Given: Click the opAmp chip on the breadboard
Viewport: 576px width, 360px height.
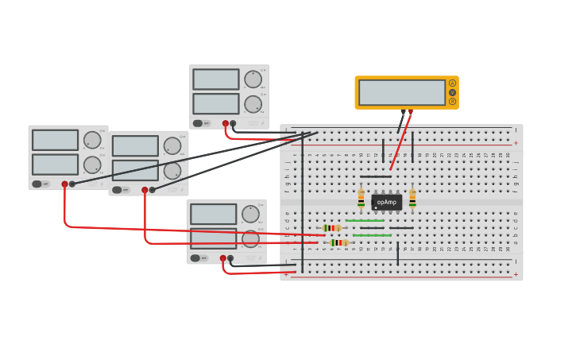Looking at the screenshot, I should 386,202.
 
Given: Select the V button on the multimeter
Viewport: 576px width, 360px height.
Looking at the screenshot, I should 453,92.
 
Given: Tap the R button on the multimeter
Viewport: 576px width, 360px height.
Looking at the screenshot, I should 453,101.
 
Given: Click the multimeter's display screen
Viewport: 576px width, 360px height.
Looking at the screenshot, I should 401,92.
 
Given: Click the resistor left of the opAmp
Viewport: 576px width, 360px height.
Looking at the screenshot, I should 361,199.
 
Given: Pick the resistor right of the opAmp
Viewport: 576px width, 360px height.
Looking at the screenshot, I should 412,199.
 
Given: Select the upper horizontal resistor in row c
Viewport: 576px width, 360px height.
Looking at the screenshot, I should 332,228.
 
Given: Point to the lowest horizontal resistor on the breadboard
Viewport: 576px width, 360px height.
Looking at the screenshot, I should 339,242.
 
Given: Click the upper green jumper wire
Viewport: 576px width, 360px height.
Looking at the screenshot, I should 365,221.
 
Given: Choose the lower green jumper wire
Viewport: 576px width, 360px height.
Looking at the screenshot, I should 372,235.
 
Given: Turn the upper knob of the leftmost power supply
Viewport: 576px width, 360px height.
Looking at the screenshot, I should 92,140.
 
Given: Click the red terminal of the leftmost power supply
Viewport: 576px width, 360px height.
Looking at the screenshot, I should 65,184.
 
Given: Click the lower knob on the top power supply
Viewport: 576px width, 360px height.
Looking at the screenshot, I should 253,104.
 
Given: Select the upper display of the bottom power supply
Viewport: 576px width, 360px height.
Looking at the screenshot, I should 213,214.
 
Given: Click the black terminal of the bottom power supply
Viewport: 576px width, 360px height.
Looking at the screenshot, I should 230,258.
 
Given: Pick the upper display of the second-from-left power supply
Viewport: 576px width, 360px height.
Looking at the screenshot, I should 135,145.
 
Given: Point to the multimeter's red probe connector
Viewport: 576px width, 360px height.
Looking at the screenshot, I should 410,112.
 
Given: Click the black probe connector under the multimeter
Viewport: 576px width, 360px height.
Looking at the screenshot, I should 403,112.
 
